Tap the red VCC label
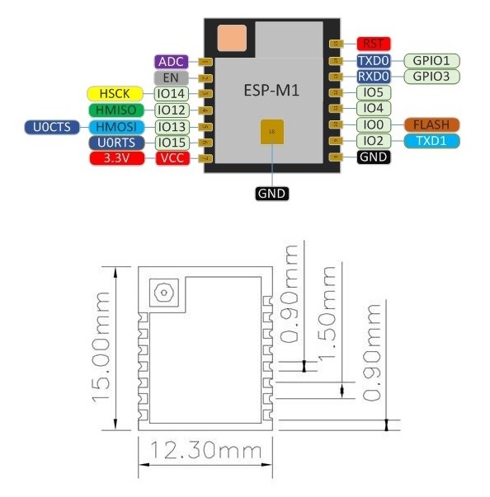(x=172, y=158)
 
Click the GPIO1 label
(x=431, y=60)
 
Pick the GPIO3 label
(x=431, y=77)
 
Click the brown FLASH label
(x=431, y=124)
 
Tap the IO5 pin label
(x=373, y=92)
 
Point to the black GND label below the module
(x=271, y=195)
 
